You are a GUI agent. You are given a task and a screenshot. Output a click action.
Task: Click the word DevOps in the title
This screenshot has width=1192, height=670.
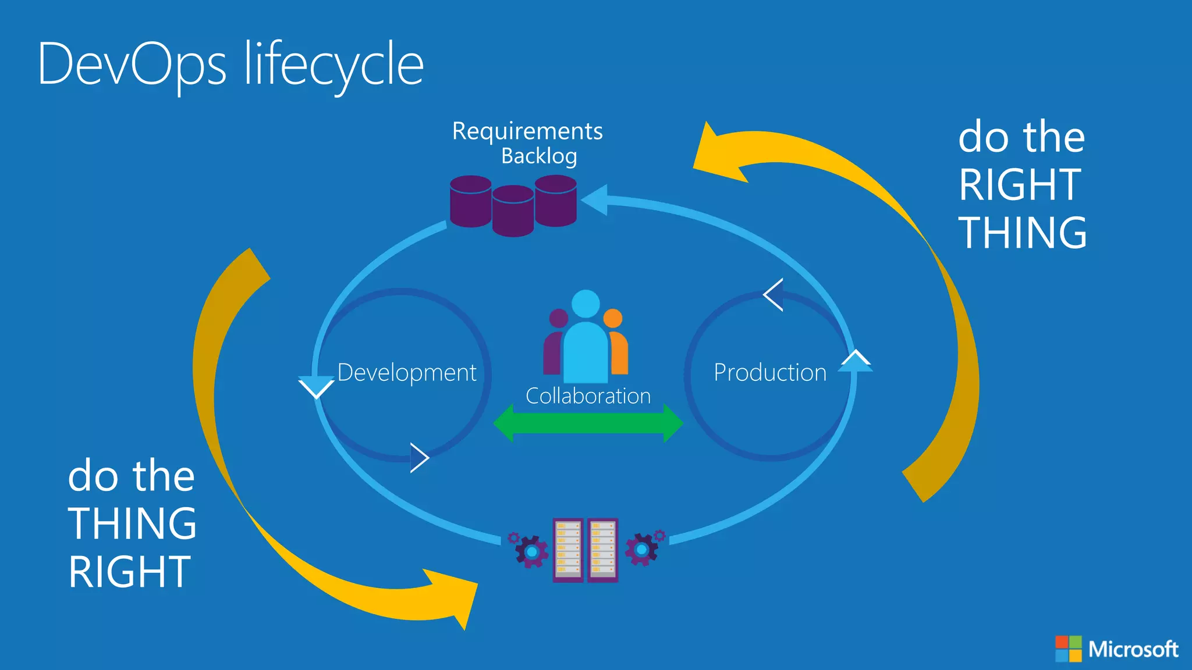[x=132, y=65]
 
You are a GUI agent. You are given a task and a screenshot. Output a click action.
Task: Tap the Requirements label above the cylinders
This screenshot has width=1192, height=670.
[x=527, y=131]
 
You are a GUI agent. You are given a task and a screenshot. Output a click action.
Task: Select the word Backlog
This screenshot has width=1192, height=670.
[x=539, y=156]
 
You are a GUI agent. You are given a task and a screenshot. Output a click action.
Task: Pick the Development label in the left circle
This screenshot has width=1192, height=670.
[x=406, y=373]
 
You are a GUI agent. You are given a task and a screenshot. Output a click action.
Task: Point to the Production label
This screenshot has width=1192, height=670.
[x=769, y=373]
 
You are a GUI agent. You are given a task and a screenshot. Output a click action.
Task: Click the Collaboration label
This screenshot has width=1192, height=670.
[x=588, y=396]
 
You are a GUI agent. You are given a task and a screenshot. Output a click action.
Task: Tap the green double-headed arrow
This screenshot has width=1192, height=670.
[x=588, y=423]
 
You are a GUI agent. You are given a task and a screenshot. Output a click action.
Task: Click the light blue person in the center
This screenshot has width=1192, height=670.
[x=586, y=343]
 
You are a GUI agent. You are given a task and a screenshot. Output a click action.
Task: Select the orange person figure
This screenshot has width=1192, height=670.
[x=617, y=346]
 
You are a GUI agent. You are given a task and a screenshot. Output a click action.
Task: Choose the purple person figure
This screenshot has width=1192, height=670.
[x=555, y=346]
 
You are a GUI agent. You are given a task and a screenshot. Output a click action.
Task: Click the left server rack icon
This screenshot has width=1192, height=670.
[x=568, y=550]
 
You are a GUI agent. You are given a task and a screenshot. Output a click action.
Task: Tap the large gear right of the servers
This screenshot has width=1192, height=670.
[x=641, y=550]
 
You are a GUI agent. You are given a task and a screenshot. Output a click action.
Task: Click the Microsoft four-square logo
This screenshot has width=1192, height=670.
[x=1069, y=648]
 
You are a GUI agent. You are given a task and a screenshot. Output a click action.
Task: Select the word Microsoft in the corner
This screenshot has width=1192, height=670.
[x=1133, y=649]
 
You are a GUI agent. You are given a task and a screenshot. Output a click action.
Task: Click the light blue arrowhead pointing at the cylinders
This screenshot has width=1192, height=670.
[x=595, y=200]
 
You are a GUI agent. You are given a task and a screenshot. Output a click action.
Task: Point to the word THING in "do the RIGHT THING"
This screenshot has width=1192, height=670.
[x=1022, y=233]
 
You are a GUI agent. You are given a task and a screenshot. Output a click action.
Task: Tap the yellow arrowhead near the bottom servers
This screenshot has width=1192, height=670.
[x=457, y=596]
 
